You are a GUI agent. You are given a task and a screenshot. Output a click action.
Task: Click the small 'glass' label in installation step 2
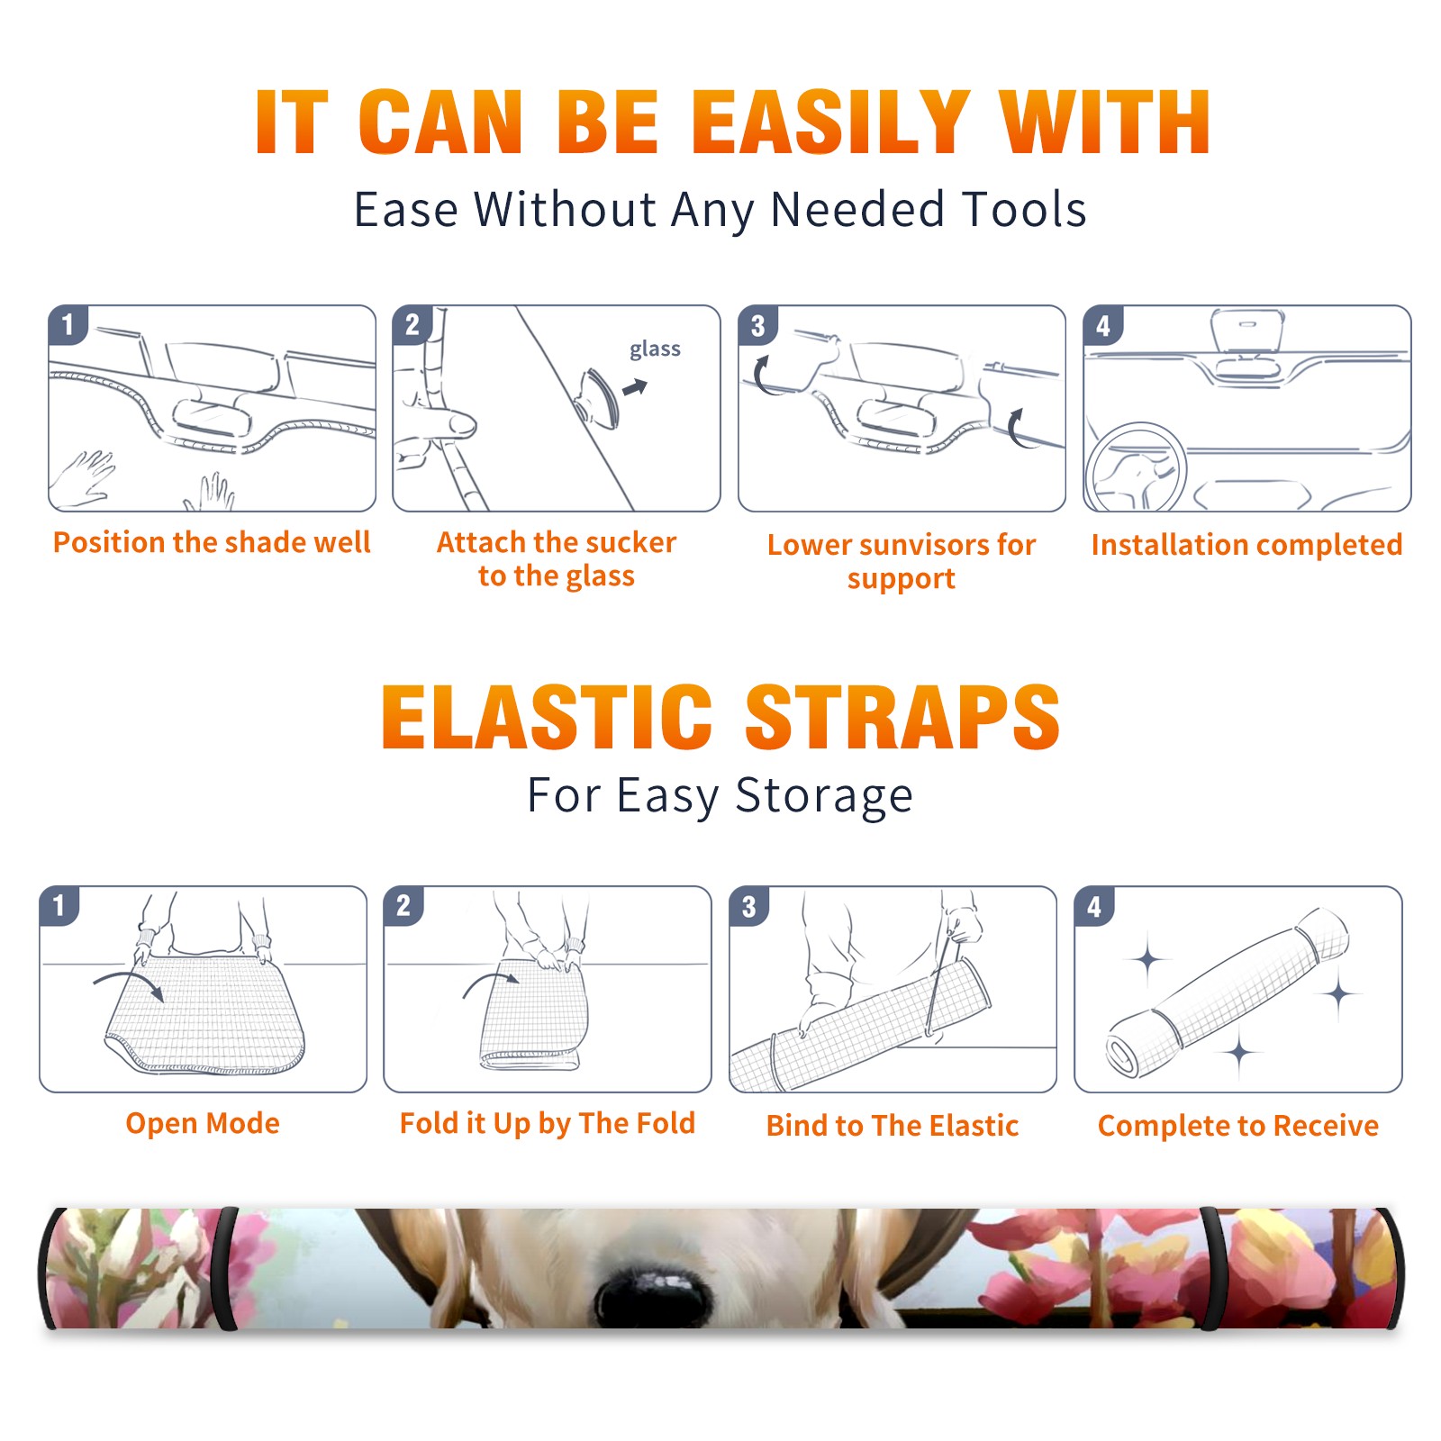click(655, 349)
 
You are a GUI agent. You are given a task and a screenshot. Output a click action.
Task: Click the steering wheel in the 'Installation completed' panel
click(1136, 469)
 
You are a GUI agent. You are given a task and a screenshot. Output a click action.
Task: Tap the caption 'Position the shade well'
click(212, 542)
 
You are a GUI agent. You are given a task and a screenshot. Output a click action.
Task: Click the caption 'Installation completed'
click(1246, 544)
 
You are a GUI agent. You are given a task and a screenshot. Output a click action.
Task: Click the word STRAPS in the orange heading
click(902, 717)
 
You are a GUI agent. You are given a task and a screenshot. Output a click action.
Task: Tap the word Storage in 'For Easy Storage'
click(824, 796)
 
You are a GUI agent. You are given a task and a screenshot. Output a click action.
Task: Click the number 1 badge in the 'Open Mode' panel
click(59, 906)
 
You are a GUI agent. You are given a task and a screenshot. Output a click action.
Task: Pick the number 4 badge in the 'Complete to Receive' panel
click(1094, 906)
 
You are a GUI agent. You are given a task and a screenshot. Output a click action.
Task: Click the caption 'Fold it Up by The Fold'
click(548, 1123)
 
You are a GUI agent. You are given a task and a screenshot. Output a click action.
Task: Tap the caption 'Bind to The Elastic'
click(893, 1125)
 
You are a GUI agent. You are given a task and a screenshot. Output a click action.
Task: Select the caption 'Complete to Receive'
click(1238, 1125)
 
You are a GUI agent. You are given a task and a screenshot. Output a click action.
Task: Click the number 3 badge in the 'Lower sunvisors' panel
click(757, 326)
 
